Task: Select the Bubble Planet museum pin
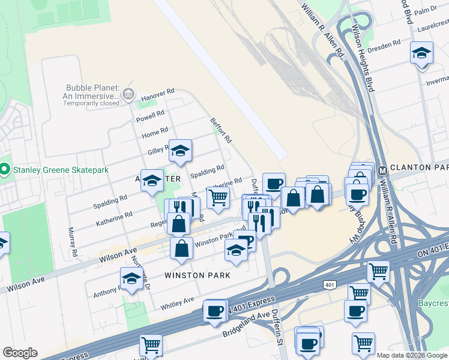pyautogui.click(x=128, y=94)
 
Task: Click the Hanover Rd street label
pyautogui.click(x=157, y=94)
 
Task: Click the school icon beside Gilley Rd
pyautogui.click(x=180, y=151)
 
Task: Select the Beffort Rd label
pyautogui.click(x=221, y=130)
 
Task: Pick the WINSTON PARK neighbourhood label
pyautogui.click(x=198, y=276)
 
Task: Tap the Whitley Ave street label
pyautogui.click(x=178, y=304)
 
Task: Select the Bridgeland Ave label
pyautogui.click(x=246, y=324)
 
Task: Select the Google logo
pyautogui.click(x=20, y=353)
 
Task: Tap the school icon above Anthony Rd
pyautogui.click(x=131, y=278)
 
